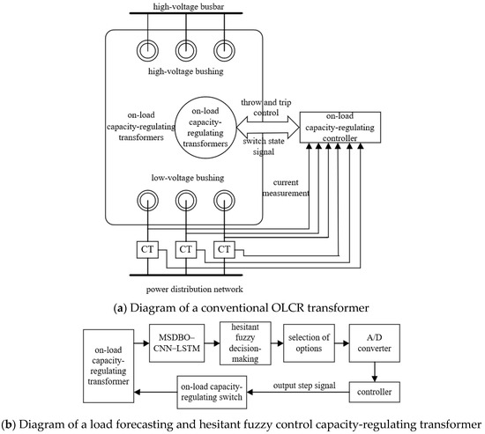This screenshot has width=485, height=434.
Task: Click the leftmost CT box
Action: click(x=145, y=249)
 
